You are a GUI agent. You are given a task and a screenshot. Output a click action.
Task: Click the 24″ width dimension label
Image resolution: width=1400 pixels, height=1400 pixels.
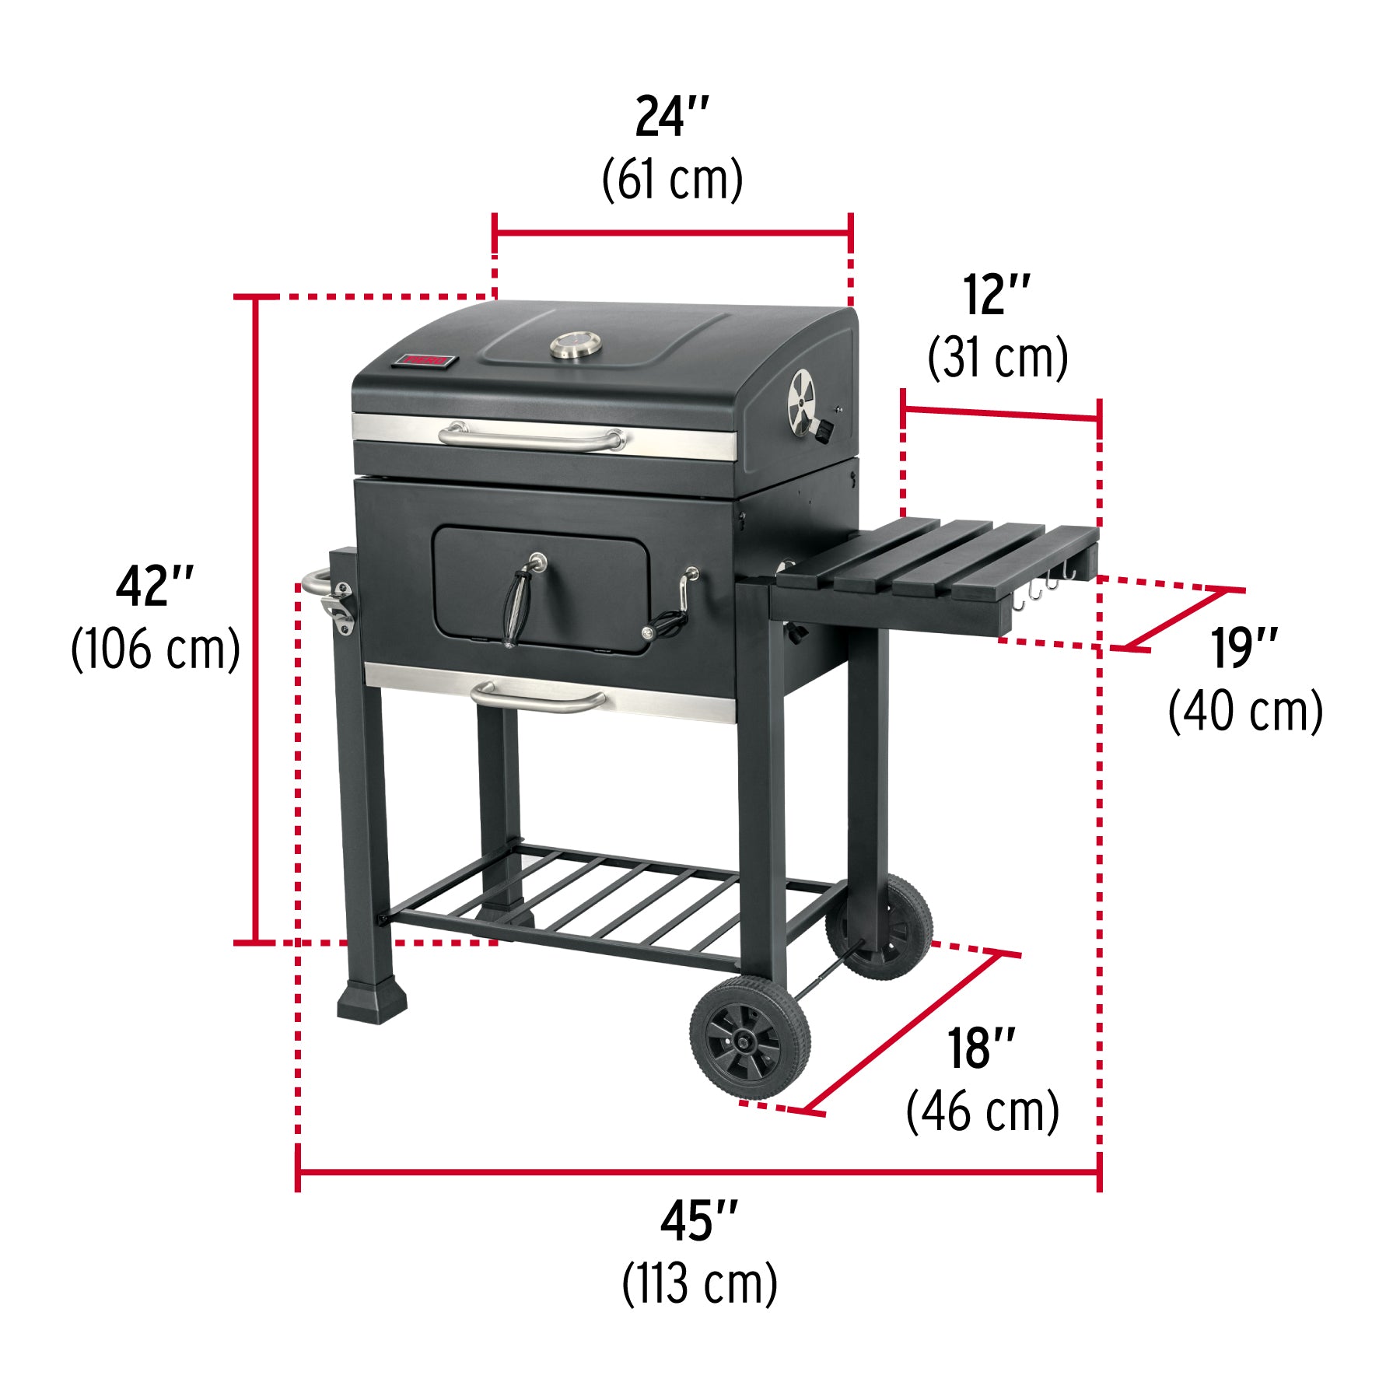pyautogui.click(x=672, y=118)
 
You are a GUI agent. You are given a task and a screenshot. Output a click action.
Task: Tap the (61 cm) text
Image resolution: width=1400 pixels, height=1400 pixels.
pyautogui.click(x=672, y=180)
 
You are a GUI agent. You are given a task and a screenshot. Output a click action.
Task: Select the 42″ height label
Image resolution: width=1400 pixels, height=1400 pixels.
pyautogui.click(x=155, y=587)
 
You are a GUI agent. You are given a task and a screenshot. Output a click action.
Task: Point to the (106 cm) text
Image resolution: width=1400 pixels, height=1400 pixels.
pyautogui.click(x=155, y=649)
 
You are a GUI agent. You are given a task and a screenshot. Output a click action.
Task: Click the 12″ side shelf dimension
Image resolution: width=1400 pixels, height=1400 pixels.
pyautogui.click(x=996, y=296)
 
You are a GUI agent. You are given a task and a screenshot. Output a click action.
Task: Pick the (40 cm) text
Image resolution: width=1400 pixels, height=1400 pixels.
pyautogui.click(x=1244, y=712)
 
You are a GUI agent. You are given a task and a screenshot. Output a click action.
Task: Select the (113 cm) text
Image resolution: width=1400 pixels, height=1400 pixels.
pyautogui.click(x=698, y=1284)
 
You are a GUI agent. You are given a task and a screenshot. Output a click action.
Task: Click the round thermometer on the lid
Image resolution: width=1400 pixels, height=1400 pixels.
pyautogui.click(x=576, y=345)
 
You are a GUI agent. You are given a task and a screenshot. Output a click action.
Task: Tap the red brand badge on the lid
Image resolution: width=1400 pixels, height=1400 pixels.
pyautogui.click(x=424, y=360)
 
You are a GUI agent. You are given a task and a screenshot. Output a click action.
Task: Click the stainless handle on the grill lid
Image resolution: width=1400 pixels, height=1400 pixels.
pyautogui.click(x=531, y=437)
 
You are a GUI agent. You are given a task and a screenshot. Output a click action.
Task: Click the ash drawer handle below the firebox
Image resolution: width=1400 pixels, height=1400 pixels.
pyautogui.click(x=539, y=698)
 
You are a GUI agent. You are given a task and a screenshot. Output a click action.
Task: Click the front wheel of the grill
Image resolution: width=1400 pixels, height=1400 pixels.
pyautogui.click(x=749, y=1038)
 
